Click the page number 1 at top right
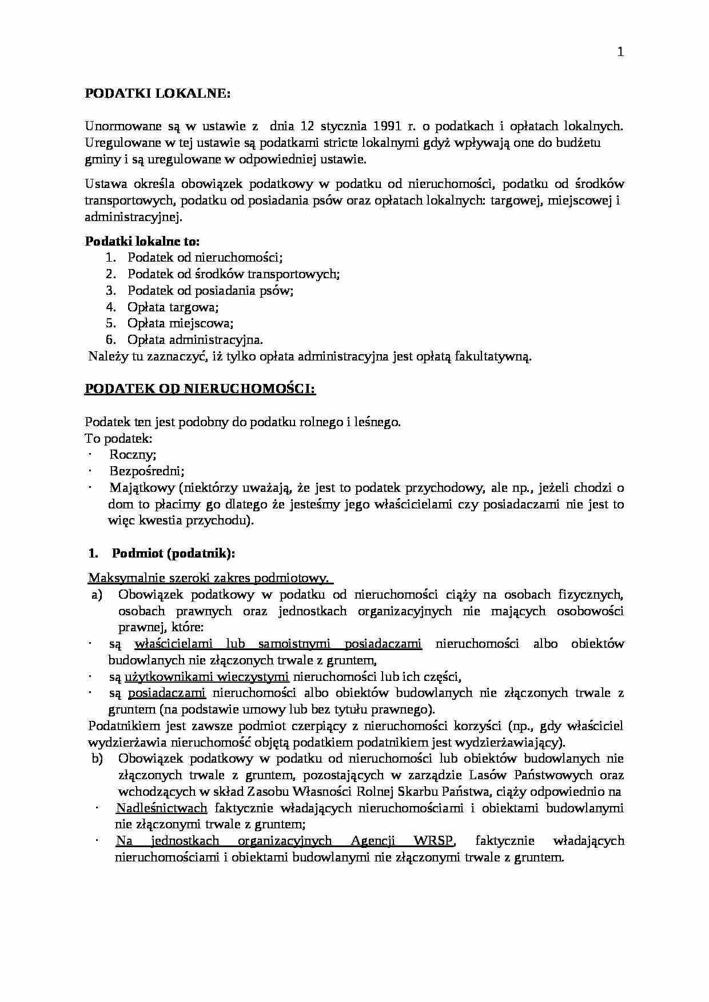620,53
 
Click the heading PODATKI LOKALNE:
157,94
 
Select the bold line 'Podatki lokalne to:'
142,241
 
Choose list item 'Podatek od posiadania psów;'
210,290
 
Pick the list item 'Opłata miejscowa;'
180,323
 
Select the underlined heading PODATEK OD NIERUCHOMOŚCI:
200,389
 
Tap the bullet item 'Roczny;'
133,455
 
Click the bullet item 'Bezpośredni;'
146,471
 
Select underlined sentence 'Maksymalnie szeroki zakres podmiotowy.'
210,578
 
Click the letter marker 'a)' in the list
97,595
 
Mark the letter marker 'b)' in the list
97,759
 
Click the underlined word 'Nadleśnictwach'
161,808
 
